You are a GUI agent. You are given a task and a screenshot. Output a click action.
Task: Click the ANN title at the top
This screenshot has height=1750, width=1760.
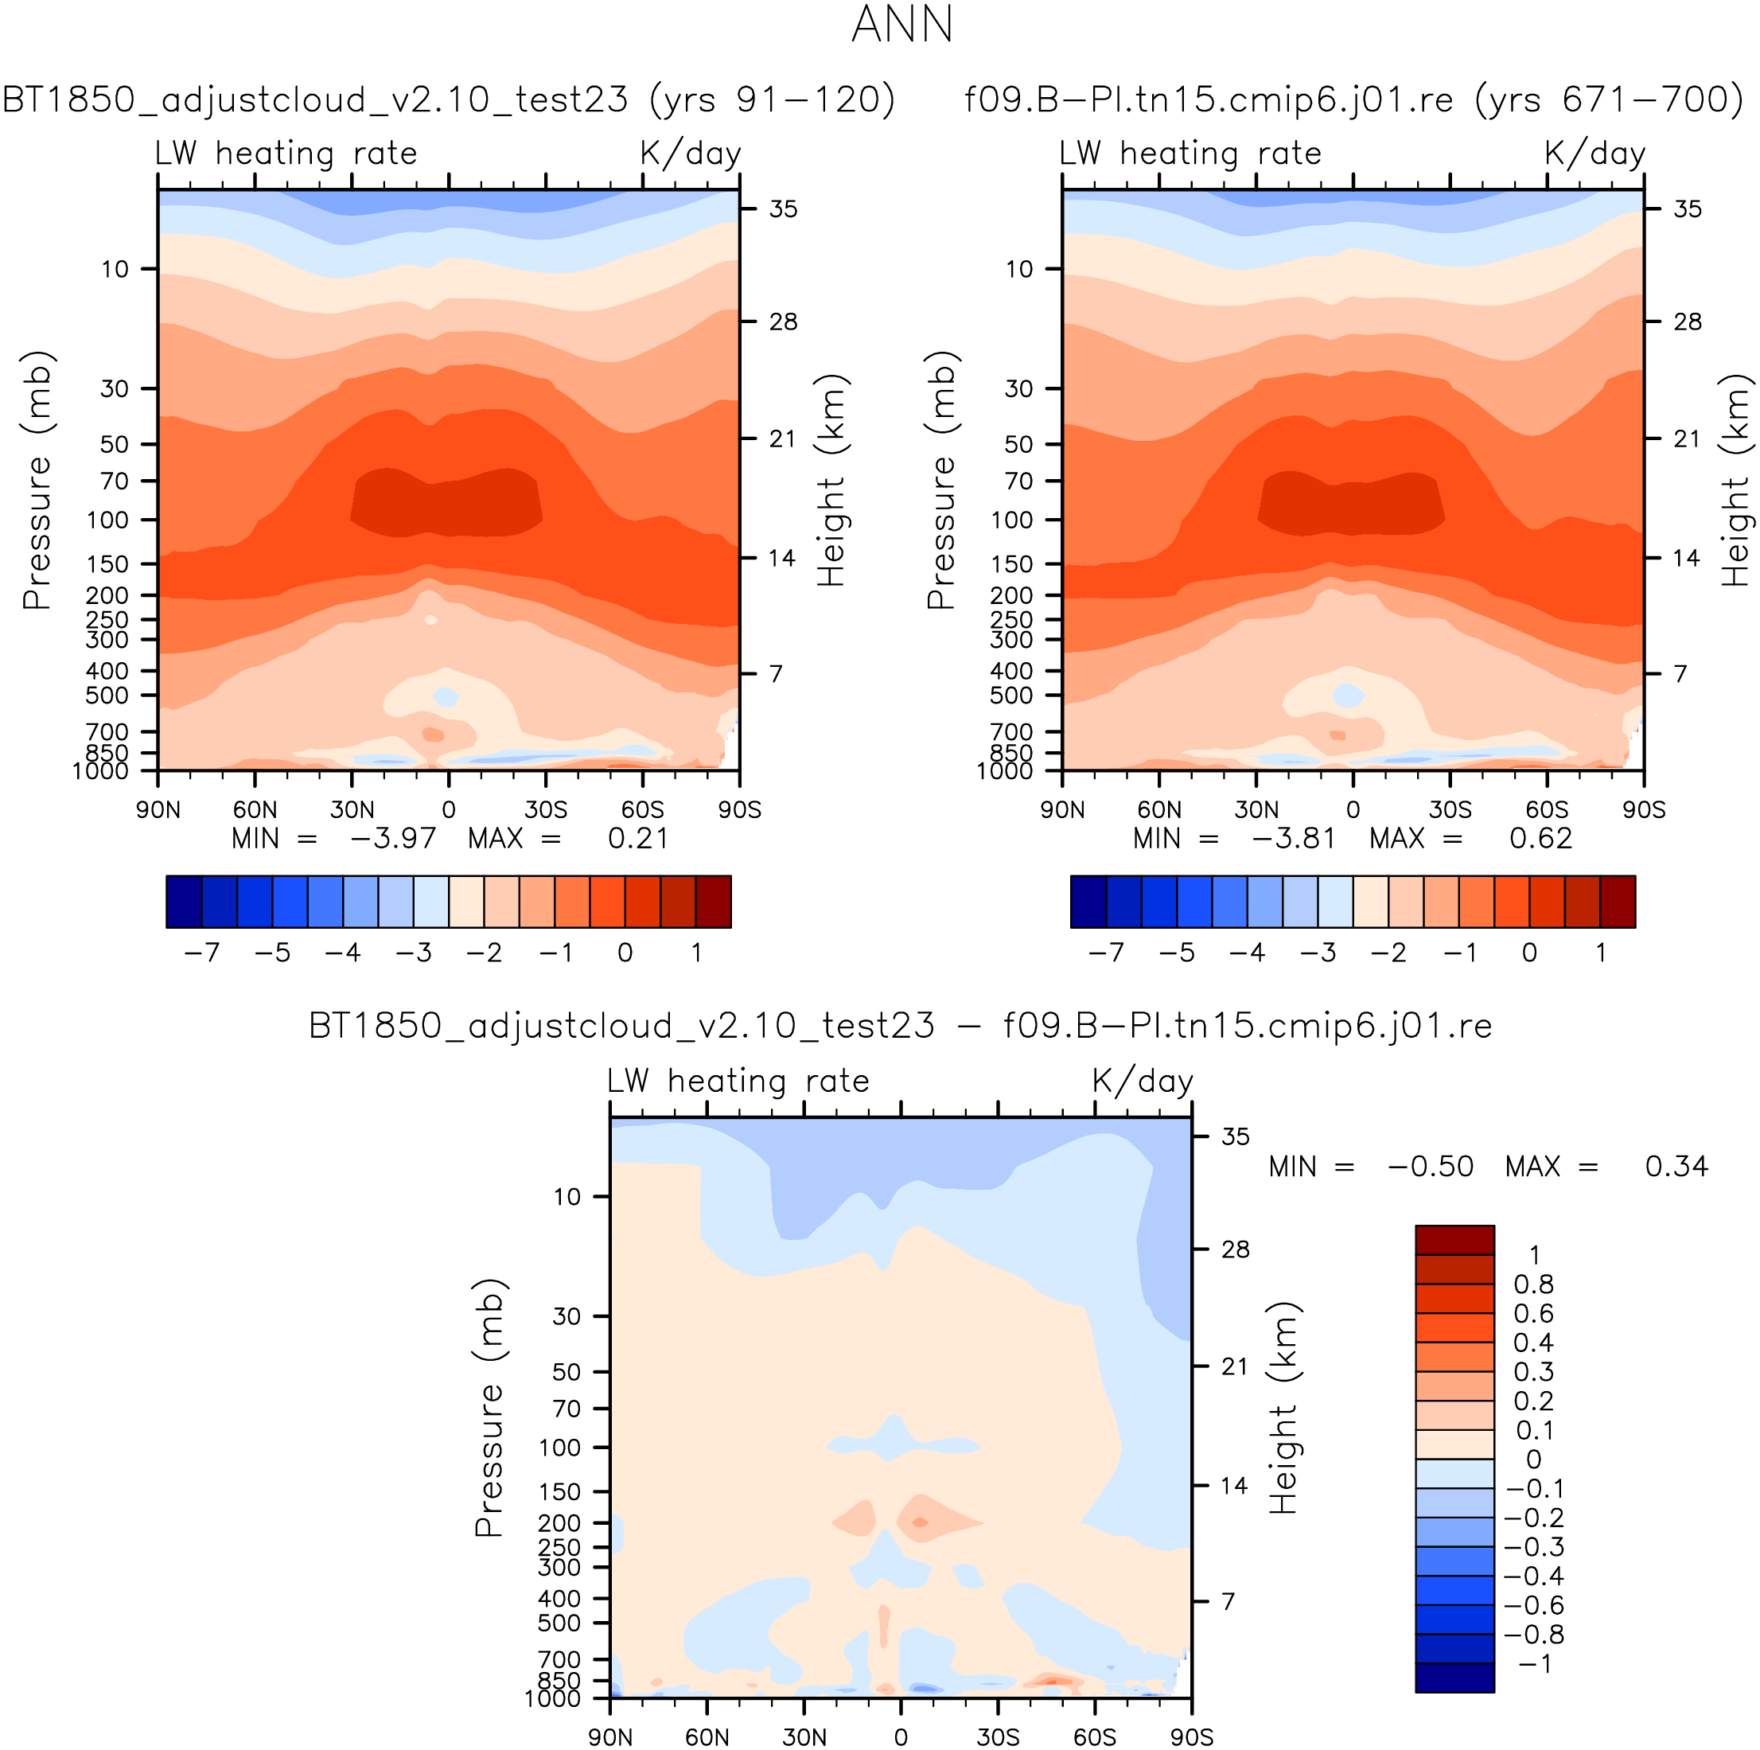tap(901, 25)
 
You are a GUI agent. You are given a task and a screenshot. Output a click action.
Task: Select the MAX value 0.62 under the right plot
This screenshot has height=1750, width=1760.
tap(1540, 838)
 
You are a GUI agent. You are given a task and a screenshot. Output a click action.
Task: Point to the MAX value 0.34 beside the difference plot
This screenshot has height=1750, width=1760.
tap(1676, 1166)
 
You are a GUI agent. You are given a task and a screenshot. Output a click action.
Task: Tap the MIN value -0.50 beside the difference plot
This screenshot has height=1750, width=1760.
tap(1431, 1166)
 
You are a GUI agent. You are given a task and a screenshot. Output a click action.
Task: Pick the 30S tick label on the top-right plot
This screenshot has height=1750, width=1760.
tap(1450, 810)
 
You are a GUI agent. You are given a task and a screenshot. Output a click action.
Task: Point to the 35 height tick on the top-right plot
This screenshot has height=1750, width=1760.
tap(1687, 209)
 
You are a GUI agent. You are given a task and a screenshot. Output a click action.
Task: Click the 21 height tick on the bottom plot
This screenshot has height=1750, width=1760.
tap(1234, 1366)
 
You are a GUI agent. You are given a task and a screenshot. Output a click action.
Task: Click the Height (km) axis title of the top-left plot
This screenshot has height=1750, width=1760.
tap(831, 480)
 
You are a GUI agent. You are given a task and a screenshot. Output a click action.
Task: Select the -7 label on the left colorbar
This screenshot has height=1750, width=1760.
tap(201, 953)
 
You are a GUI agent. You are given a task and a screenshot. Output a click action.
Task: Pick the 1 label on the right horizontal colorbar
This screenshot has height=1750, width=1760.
tap(1601, 953)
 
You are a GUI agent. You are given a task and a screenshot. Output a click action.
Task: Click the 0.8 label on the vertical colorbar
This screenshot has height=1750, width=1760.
tap(1533, 1284)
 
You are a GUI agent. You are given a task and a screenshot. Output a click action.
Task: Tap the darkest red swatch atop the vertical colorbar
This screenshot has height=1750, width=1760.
tap(1454, 1240)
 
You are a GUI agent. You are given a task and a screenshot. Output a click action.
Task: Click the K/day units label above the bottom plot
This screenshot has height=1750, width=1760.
tap(1143, 1082)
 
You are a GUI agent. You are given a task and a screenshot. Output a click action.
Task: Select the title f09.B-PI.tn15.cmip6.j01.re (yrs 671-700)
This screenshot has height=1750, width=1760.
tap(1353, 99)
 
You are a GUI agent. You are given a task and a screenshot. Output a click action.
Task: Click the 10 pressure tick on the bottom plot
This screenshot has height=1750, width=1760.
tap(567, 1197)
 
